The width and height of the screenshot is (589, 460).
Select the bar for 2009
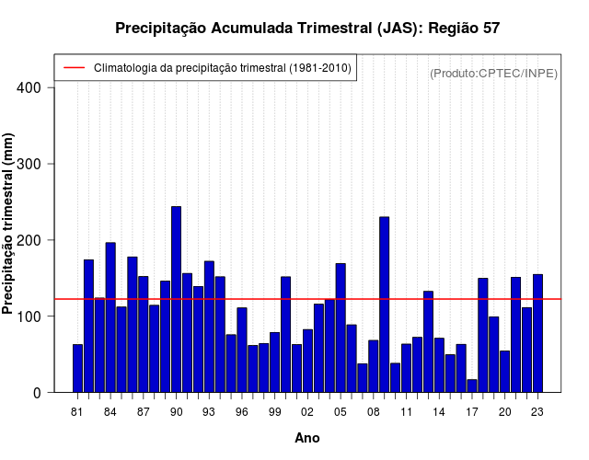(384, 305)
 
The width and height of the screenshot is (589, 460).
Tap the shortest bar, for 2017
(472, 385)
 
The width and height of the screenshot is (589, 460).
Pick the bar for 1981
(77, 368)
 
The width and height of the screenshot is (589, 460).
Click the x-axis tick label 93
(209, 413)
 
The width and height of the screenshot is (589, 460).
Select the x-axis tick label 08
(374, 413)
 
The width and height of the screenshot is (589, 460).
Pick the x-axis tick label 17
(472, 413)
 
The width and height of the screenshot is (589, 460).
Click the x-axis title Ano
(307, 438)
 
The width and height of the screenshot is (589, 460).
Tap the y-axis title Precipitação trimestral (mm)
(9, 224)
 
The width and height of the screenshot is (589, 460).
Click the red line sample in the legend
(74, 68)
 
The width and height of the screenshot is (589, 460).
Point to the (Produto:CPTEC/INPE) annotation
(493, 74)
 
